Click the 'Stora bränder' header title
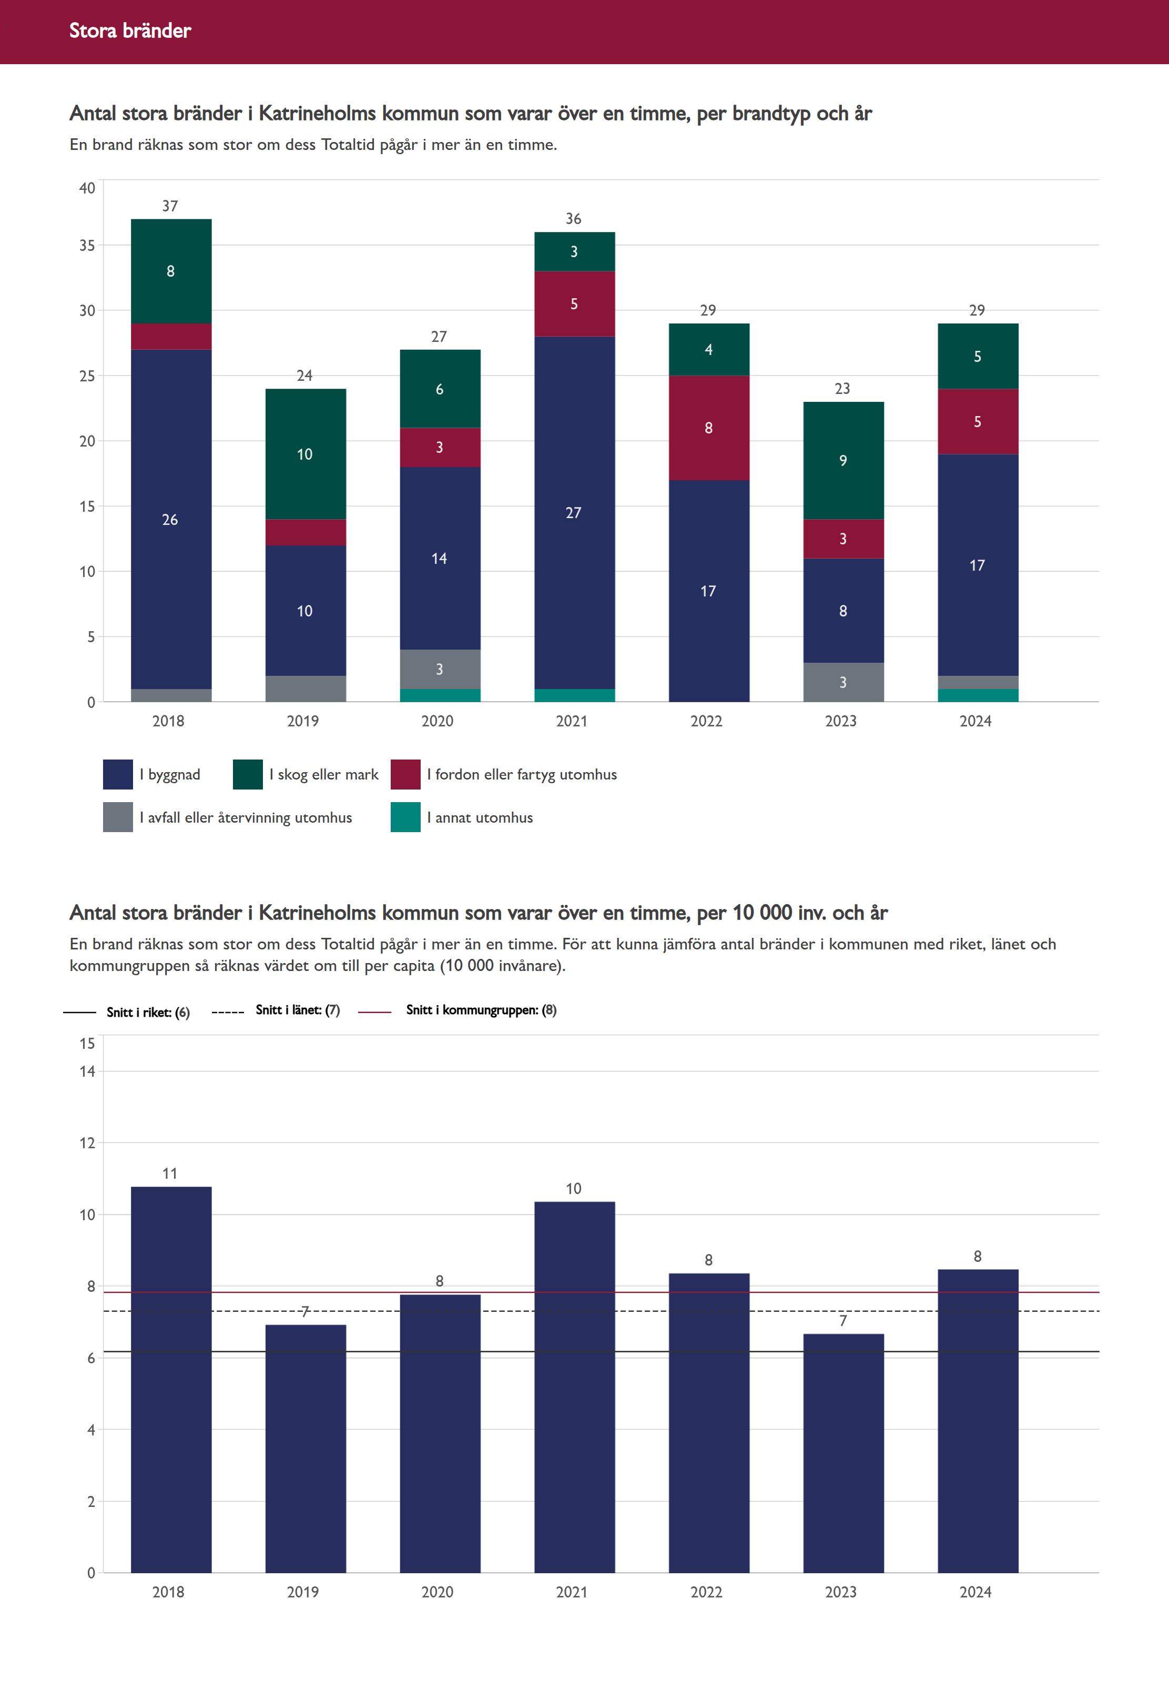pyautogui.click(x=130, y=31)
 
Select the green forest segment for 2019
pyautogui.click(x=306, y=453)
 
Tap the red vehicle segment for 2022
pyautogui.click(x=708, y=428)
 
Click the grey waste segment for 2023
pyautogui.click(x=843, y=682)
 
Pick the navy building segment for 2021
pyautogui.click(x=574, y=512)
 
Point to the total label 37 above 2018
pyautogui.click(x=170, y=206)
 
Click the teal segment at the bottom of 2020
pyautogui.click(x=440, y=695)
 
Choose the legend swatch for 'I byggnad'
pyautogui.click(x=118, y=774)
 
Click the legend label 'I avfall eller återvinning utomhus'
pyautogui.click(x=246, y=817)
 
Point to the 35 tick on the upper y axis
pyautogui.click(x=87, y=246)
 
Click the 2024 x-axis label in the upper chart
pyautogui.click(x=975, y=721)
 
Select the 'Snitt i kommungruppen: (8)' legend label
pyautogui.click(x=481, y=1009)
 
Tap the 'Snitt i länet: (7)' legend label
pyautogui.click(x=298, y=1009)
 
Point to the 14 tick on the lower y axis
pyautogui.click(x=87, y=1071)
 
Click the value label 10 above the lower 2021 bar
pyautogui.click(x=574, y=1188)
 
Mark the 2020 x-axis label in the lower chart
pyautogui.click(x=438, y=1592)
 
